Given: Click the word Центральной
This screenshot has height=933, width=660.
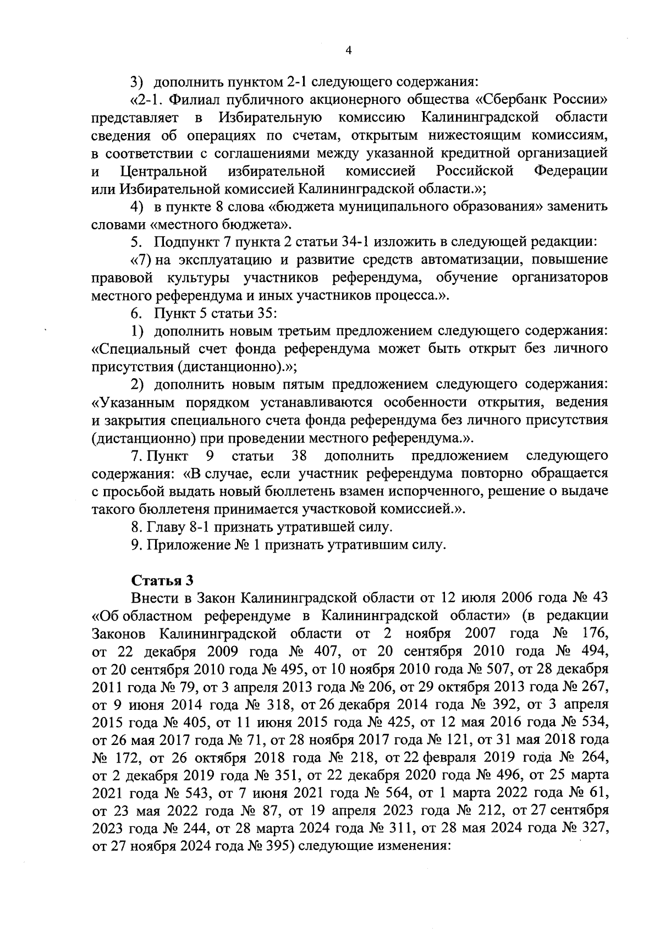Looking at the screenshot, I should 162,171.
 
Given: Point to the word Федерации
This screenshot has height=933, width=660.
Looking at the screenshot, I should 570,171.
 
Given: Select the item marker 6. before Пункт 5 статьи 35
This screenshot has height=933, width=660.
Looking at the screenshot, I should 137,313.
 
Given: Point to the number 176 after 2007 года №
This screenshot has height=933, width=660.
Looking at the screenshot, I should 594,633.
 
